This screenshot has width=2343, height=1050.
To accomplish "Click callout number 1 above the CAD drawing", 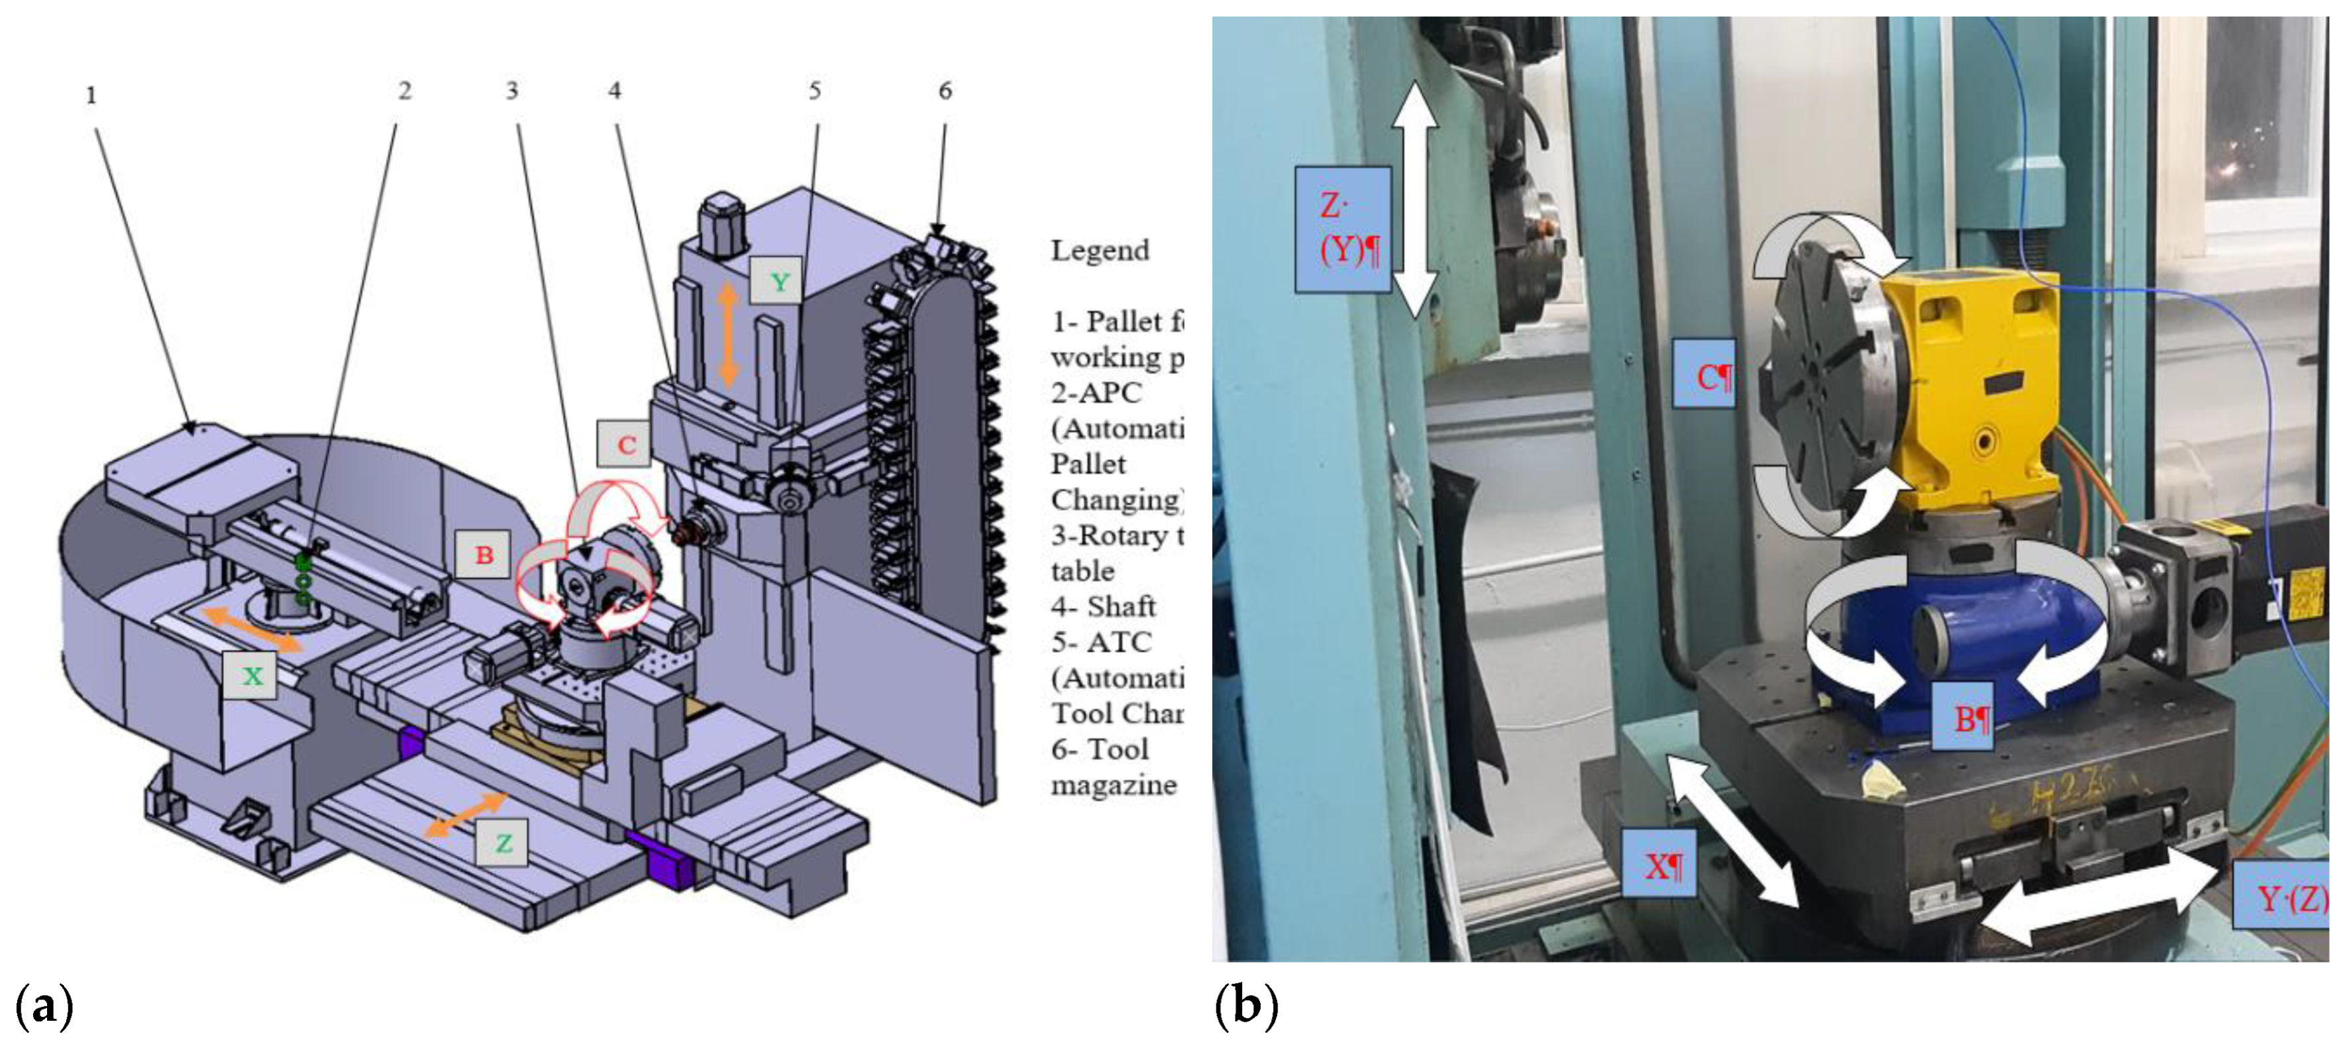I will click(91, 95).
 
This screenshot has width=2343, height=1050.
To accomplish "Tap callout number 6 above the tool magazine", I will click(945, 91).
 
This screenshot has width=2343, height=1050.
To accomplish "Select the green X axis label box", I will click(251, 675).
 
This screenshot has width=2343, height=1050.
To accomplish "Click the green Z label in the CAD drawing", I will click(503, 843).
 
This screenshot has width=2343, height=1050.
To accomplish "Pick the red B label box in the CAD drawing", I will click(484, 554).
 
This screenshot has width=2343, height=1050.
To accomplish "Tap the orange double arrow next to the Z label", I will click(465, 814).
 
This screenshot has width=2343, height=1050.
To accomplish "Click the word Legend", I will click(1100, 250).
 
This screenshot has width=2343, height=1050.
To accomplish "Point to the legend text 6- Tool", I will click(1100, 750).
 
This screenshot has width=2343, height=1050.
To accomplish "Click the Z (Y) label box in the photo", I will click(1343, 229).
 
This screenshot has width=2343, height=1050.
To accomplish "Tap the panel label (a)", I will click(44, 1007).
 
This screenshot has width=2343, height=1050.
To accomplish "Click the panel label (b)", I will click(1246, 1007).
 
